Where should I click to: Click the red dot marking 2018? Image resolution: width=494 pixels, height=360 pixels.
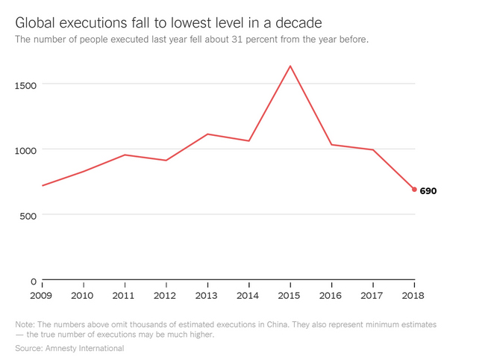click(x=414, y=190)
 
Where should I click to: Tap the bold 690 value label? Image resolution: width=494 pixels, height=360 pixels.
click(x=428, y=191)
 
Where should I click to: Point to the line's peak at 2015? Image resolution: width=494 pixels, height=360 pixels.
click(x=290, y=66)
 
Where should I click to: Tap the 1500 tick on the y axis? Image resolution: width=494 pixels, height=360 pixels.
click(x=26, y=84)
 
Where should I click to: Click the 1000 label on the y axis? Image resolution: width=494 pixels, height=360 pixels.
click(x=26, y=150)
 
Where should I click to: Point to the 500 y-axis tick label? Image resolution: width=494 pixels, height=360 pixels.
click(x=28, y=216)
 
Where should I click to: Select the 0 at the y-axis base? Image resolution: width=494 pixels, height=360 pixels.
click(x=33, y=282)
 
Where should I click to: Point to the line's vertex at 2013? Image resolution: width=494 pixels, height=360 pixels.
click(x=207, y=134)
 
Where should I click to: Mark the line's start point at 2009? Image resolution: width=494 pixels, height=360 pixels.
click(x=42, y=185)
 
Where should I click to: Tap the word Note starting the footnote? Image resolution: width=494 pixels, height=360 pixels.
click(x=25, y=324)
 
